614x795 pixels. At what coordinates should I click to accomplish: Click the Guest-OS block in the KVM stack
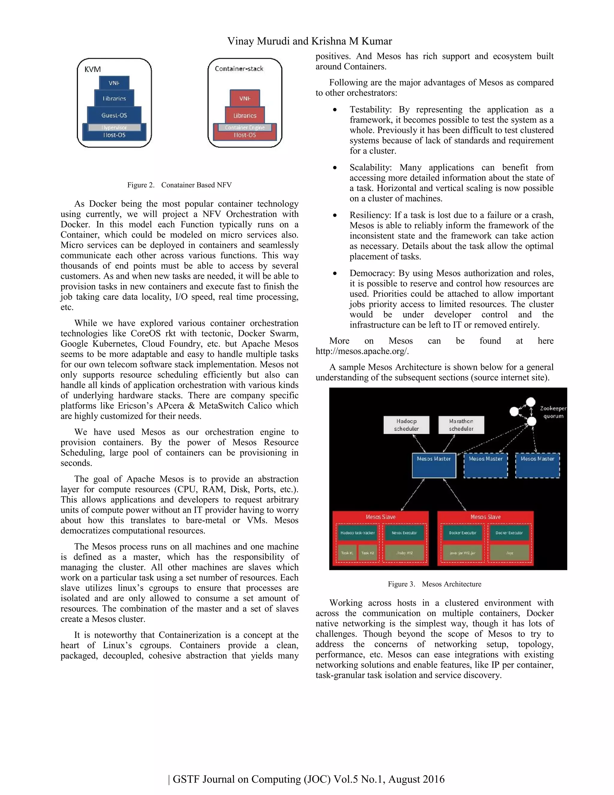point(114,115)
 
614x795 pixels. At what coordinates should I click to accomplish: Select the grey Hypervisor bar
point(114,127)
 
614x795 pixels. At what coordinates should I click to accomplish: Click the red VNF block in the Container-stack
point(245,98)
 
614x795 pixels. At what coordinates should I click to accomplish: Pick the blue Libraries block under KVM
point(114,98)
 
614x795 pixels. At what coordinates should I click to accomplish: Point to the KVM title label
point(92,69)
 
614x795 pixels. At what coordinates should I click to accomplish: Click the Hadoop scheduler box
point(406,425)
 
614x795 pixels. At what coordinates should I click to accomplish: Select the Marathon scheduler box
point(461,425)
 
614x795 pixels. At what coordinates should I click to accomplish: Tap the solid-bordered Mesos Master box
point(434,465)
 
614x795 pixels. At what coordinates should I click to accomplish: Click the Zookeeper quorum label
point(553,412)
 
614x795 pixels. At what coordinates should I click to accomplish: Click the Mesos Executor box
point(404,532)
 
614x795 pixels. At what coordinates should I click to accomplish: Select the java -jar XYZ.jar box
point(462,553)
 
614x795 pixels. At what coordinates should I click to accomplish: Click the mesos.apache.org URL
point(362,351)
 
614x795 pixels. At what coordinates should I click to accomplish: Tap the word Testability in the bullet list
point(370,109)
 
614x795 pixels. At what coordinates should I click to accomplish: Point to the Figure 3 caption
point(434,584)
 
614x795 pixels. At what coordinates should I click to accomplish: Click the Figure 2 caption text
point(179,185)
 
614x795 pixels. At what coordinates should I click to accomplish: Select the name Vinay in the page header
point(240,41)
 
